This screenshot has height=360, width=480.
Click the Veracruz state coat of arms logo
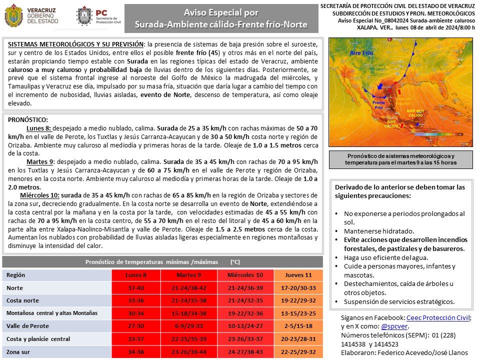[x=13, y=16]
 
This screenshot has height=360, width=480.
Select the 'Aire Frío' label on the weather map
[x=348, y=52]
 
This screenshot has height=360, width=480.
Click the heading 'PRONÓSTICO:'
[x=28, y=120]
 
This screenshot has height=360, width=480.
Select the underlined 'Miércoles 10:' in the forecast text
[x=40, y=194]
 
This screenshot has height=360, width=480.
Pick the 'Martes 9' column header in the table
[x=188, y=275]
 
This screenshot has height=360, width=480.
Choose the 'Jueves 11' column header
[x=298, y=275]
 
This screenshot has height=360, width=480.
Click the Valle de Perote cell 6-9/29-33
[x=188, y=326]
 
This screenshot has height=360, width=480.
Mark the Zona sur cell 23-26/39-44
[x=188, y=352]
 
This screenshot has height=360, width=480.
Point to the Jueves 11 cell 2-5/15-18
[x=298, y=326]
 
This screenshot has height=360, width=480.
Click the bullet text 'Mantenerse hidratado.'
[x=378, y=231]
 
